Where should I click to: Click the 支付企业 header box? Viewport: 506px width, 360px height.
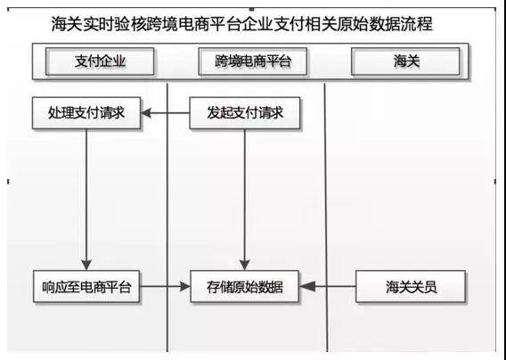[x=100, y=61]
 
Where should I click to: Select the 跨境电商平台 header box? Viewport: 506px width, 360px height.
[x=253, y=61]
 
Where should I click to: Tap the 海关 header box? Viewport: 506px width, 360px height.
[x=405, y=61]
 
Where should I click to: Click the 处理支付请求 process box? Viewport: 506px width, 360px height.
[x=86, y=113]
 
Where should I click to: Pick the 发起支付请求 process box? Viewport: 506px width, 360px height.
[x=245, y=113]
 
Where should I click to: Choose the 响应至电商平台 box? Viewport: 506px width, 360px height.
[x=86, y=287]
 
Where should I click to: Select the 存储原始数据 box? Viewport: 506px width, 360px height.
[x=245, y=287]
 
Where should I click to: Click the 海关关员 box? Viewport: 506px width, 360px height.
[x=411, y=287]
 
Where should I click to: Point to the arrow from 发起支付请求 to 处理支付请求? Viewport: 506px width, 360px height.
[x=165, y=113]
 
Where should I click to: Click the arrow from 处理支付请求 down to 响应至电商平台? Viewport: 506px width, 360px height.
[x=86, y=200]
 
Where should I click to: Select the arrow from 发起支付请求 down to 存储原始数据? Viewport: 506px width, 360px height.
[x=245, y=200]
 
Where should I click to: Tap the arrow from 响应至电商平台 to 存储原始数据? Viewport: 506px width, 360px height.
[x=165, y=286]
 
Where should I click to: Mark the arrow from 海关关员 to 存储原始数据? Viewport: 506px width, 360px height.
[x=328, y=286]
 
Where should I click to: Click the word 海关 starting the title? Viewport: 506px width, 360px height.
[x=67, y=25]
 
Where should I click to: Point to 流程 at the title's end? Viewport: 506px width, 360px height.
[x=417, y=25]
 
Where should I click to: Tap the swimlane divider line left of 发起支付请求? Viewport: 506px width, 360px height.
[x=167, y=217]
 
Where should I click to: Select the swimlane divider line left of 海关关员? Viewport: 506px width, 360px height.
[x=326, y=217]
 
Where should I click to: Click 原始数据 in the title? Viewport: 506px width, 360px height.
[x=369, y=25]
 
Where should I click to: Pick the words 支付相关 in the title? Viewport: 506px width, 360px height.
[x=306, y=25]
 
